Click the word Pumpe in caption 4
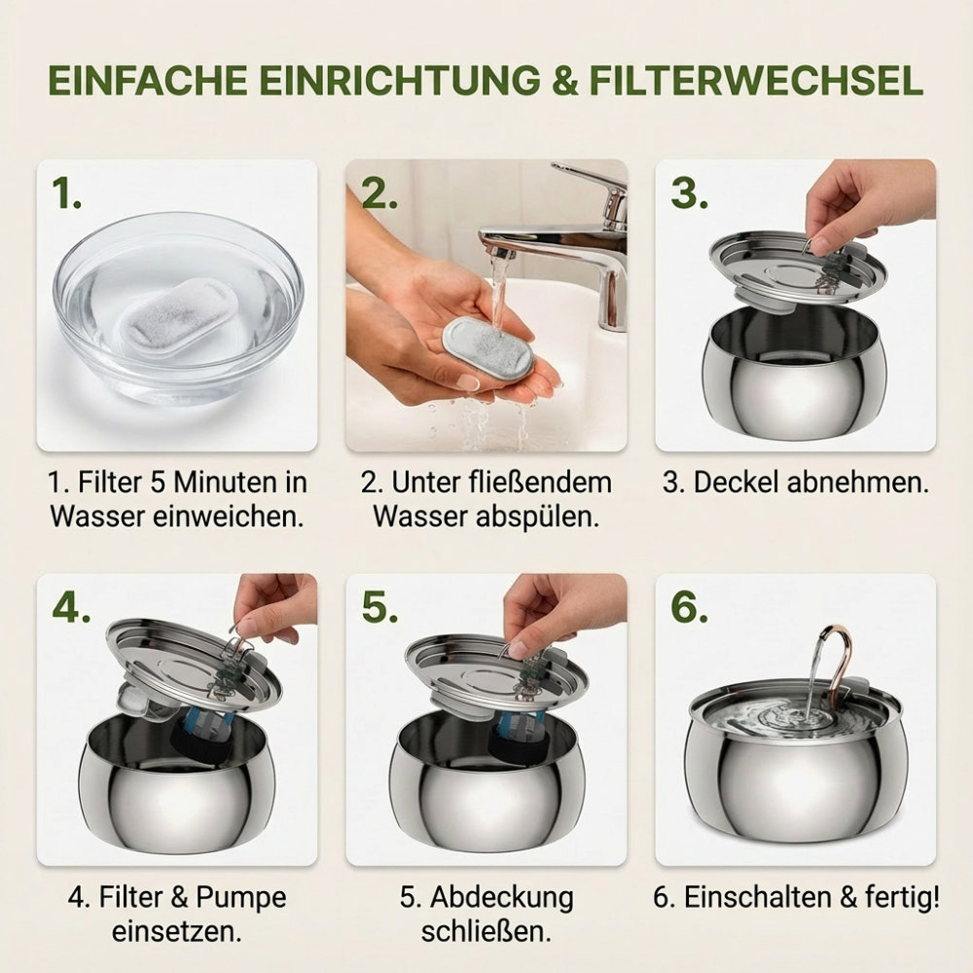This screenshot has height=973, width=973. point(241,897)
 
